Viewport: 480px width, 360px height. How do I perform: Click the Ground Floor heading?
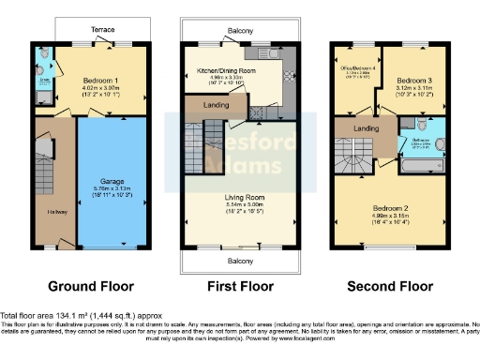[91, 286]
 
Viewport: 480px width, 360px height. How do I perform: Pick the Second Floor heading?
[390, 286]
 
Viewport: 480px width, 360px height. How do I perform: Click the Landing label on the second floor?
[367, 128]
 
